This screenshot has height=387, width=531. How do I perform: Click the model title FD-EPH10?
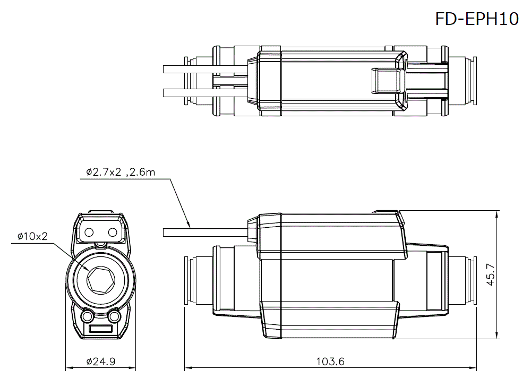tap(476, 19)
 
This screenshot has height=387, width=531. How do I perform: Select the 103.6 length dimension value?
tap(330, 362)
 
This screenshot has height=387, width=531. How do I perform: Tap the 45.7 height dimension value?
tap(491, 274)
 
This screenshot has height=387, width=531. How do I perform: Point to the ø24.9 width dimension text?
tap(100, 362)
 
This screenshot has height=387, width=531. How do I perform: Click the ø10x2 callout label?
tap(32, 236)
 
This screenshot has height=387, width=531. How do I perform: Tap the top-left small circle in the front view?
tap(89, 232)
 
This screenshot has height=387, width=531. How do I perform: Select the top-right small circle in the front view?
tap(112, 232)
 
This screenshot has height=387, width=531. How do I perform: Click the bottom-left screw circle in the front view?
tap(87, 317)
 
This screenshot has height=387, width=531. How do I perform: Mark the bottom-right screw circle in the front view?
tap(114, 317)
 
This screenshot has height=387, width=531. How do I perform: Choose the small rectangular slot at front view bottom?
tap(100, 330)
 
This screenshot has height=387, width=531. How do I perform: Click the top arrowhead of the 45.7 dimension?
tap(497, 214)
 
